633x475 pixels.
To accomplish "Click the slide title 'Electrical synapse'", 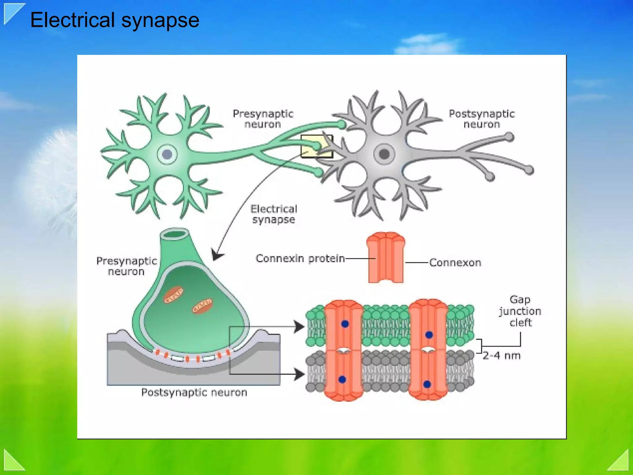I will pos(115,20).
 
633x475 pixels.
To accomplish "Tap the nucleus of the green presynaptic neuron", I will pos(167,154).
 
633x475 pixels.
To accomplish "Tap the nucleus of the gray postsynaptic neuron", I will pos(384,154).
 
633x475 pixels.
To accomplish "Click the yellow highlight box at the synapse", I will pos(316,146).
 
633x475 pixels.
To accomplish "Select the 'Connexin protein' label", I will pos(300,259).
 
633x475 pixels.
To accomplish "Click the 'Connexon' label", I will pos(455,263).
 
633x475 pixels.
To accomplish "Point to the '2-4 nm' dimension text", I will pos(502,356).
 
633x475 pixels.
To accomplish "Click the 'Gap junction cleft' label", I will pos(520,311).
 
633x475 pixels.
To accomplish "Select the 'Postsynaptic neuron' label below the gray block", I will pos(194,392).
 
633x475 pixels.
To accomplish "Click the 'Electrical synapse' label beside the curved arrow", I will pos(274,214).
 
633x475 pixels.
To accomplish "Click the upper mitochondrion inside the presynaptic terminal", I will pos(173,295).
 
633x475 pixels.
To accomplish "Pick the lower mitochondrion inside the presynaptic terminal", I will pos(202,306).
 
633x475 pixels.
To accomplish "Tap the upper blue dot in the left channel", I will pos(345,324).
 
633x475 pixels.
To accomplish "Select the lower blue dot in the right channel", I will pos(427,384).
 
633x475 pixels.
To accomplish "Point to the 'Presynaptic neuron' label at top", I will pos(263,119).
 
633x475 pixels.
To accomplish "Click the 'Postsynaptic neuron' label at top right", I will pos(482,119).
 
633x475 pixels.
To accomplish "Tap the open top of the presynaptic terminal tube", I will pos(175,234).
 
